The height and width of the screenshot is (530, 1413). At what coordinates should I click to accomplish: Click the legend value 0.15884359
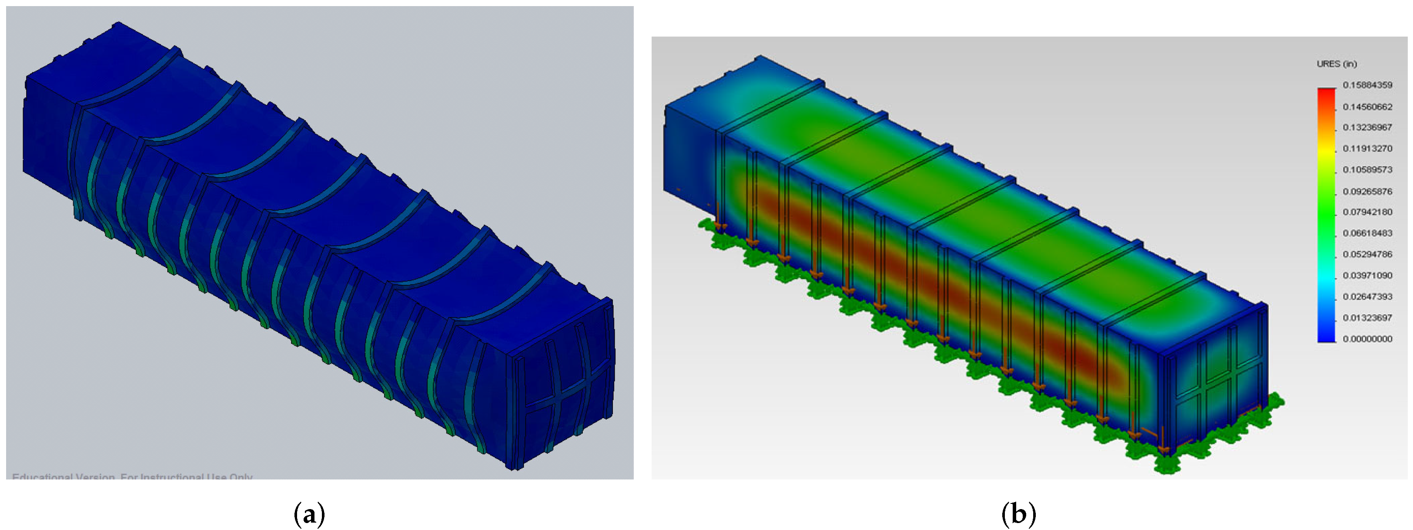(x=1367, y=85)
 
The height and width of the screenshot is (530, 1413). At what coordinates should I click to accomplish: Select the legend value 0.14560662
(x=1367, y=106)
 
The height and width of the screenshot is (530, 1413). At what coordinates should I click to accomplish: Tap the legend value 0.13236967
(x=1367, y=127)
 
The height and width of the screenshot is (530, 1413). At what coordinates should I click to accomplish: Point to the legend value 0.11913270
(x=1367, y=149)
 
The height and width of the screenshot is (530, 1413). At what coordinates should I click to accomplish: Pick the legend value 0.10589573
(x=1367, y=169)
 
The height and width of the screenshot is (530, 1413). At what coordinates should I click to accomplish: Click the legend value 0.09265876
(x=1367, y=191)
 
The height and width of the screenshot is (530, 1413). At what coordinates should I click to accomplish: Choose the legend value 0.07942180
(x=1367, y=212)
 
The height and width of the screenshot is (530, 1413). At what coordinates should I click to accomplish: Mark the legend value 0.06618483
(x=1367, y=233)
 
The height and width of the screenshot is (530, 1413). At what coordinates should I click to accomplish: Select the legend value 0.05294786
(x=1367, y=254)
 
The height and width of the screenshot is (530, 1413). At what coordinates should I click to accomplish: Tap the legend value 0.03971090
(x=1367, y=275)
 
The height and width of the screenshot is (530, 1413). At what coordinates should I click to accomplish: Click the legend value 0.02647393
(x=1367, y=296)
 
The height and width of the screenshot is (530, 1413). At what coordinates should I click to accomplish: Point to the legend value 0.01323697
(x=1367, y=317)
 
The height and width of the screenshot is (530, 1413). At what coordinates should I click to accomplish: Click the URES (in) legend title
(x=1336, y=64)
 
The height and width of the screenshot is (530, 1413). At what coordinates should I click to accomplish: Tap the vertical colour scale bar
(x=1326, y=214)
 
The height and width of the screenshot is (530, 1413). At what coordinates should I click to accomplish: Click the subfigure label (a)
(x=309, y=514)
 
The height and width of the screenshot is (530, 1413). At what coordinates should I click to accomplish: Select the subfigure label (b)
(x=1018, y=514)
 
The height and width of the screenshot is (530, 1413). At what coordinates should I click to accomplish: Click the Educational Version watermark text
(x=132, y=476)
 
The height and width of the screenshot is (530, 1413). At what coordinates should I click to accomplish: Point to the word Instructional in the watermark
(x=173, y=476)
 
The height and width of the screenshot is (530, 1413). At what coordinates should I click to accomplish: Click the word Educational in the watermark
(x=42, y=476)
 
